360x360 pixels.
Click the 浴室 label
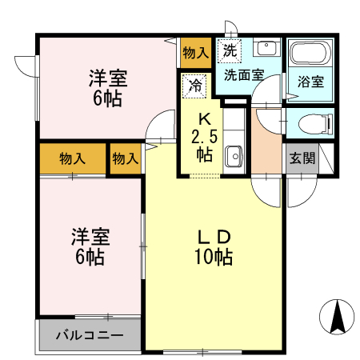(x=310, y=82)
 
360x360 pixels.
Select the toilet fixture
(x=314, y=124)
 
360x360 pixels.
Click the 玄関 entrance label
(x=302, y=158)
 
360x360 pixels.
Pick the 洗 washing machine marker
(x=230, y=50)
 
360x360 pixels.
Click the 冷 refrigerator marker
(x=195, y=84)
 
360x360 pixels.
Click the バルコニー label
(x=89, y=334)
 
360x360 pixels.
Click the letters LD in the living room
(x=214, y=238)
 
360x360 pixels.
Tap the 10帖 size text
(x=214, y=258)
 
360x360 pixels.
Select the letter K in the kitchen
(x=204, y=118)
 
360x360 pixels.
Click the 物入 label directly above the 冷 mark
(x=195, y=53)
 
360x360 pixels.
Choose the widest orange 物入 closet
(x=72, y=158)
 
